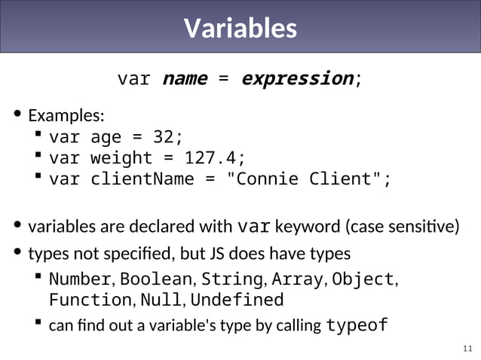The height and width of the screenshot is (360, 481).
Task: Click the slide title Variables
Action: [x=240, y=29]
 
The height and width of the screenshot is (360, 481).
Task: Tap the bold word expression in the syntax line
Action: [x=297, y=78]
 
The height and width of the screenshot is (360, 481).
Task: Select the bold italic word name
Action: [x=185, y=78]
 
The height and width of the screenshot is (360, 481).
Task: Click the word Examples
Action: [x=66, y=116]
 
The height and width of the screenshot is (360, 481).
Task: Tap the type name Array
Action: [x=297, y=279]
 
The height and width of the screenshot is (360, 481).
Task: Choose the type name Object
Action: [x=363, y=279]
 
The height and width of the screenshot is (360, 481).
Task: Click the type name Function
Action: [x=90, y=300]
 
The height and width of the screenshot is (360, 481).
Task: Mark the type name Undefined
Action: [x=237, y=300]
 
